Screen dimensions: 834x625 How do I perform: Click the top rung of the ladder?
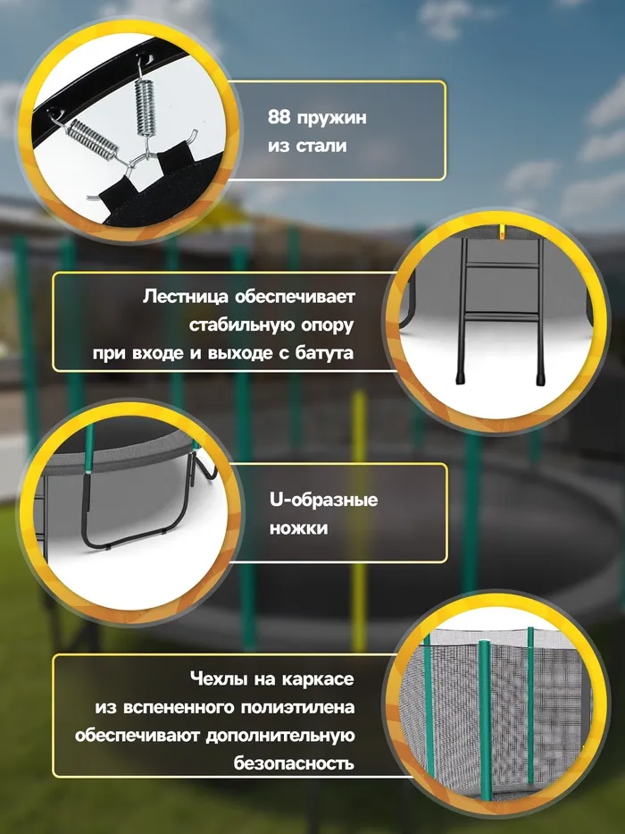coord(501,265)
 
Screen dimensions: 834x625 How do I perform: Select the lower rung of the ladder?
coord(501,315)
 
